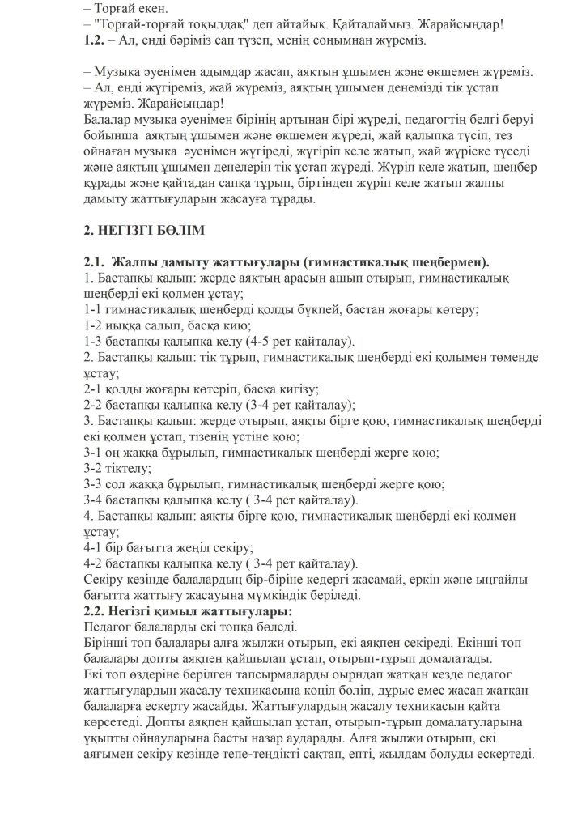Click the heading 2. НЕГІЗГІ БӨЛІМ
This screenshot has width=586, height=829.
tap(144, 230)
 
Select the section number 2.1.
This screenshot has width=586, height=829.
tap(95, 263)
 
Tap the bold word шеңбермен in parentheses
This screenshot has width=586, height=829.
tap(449, 263)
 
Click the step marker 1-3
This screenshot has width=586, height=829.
tap(94, 340)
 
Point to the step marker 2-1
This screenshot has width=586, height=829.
tap(94, 388)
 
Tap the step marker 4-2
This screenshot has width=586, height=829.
tap(94, 563)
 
